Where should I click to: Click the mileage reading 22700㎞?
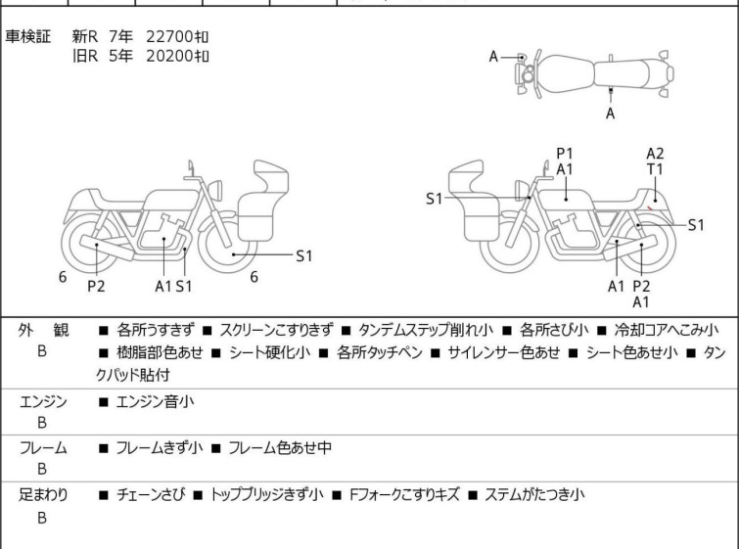tap(178, 36)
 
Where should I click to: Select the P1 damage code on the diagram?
tap(565, 153)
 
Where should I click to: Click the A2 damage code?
tap(656, 153)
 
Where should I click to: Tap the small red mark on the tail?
tap(652, 207)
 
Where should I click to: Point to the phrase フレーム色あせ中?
tap(280, 448)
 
